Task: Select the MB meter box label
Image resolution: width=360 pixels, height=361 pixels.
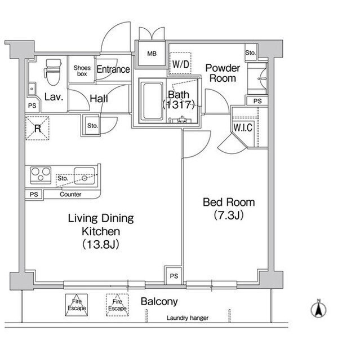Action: click(x=152, y=54)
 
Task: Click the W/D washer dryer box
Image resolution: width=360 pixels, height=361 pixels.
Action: click(x=180, y=63)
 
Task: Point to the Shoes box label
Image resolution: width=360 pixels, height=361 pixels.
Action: click(x=82, y=71)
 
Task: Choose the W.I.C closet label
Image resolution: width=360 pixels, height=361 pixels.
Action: click(x=243, y=127)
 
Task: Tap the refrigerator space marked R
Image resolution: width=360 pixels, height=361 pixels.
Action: click(x=37, y=128)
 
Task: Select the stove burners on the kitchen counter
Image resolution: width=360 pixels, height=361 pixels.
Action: click(x=41, y=175)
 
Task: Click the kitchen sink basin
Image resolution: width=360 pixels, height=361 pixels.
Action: click(x=85, y=176)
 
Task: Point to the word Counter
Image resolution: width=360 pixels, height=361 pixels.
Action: click(x=70, y=194)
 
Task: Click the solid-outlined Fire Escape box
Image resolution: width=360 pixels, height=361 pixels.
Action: click(x=77, y=305)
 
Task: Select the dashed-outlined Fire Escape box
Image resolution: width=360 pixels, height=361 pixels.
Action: click(x=117, y=305)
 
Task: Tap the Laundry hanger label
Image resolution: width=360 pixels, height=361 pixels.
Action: click(x=188, y=318)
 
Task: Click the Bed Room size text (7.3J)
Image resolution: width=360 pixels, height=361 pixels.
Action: click(x=229, y=215)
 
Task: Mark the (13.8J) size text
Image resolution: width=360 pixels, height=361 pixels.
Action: click(x=101, y=244)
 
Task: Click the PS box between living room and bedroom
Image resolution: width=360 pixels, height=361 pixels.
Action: click(x=174, y=276)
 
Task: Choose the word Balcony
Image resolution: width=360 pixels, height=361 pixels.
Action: click(x=159, y=301)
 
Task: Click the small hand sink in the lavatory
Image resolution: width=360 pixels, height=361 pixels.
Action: click(x=32, y=89)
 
